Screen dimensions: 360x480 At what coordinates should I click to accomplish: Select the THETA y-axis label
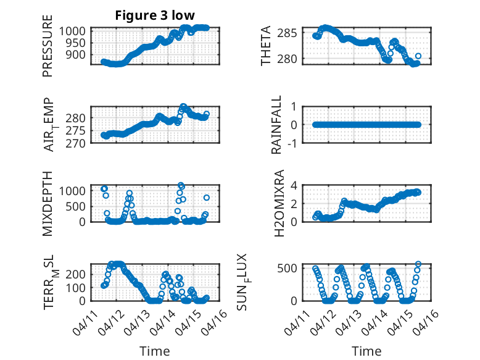[x=266, y=46]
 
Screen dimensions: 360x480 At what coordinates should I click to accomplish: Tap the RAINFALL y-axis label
[x=277, y=125]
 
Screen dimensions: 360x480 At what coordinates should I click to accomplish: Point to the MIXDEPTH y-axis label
[x=48, y=203]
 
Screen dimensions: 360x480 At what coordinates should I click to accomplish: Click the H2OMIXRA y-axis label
[x=277, y=203]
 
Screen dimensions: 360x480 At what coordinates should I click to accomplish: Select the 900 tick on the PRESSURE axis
[x=79, y=54]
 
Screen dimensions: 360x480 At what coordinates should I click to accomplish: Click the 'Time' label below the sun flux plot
[x=366, y=351]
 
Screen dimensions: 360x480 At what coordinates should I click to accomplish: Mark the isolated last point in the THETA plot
[x=418, y=56]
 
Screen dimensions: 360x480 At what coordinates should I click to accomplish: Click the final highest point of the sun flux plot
[x=418, y=264]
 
